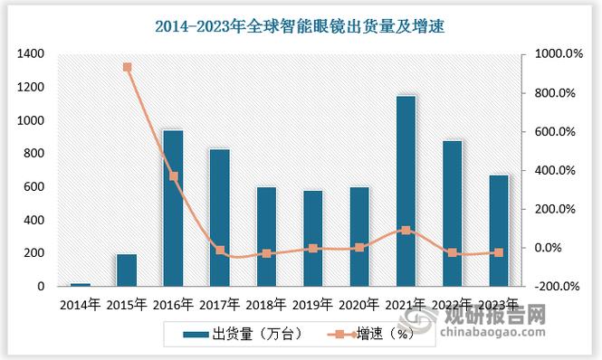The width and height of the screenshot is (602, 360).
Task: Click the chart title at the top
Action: click(x=301, y=27)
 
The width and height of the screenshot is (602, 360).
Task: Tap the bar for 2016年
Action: click(x=173, y=208)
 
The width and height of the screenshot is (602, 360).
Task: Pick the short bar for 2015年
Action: click(x=127, y=270)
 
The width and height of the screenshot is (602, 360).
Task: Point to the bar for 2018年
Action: click(x=266, y=236)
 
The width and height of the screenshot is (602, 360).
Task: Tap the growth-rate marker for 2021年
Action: click(x=406, y=231)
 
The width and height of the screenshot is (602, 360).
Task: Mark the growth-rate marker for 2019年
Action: click(x=313, y=248)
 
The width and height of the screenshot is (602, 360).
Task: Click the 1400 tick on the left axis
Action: click(x=31, y=54)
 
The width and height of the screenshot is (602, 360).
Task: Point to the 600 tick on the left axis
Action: click(x=34, y=186)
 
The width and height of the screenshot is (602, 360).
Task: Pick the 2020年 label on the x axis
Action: click(x=359, y=305)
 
